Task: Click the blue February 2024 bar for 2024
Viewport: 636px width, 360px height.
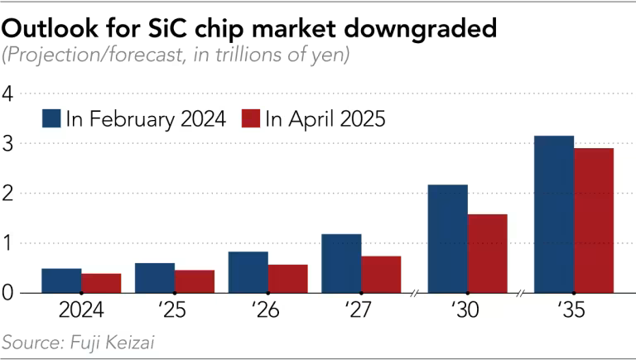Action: pyautogui.click(x=61, y=281)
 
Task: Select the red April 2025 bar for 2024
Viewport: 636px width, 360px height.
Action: pyautogui.click(x=101, y=283)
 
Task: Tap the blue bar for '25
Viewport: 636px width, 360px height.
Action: pyautogui.click(x=155, y=278)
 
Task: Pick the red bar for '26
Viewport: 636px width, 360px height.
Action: pyautogui.click(x=288, y=279)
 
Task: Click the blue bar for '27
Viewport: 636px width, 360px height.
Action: pyautogui.click(x=341, y=263)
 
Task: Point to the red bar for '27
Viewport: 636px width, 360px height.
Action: pyautogui.click(x=381, y=275)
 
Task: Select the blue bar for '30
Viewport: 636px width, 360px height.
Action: pyautogui.click(x=447, y=238)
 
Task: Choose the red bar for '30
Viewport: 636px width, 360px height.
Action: pyautogui.click(x=487, y=253)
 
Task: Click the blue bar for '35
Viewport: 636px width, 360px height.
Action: pyautogui.click(x=554, y=214)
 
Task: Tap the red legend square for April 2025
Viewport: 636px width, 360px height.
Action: pyautogui.click(x=250, y=119)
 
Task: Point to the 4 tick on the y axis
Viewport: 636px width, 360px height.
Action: pyautogui.click(x=9, y=94)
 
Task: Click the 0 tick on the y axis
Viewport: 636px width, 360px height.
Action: pyautogui.click(x=9, y=293)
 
